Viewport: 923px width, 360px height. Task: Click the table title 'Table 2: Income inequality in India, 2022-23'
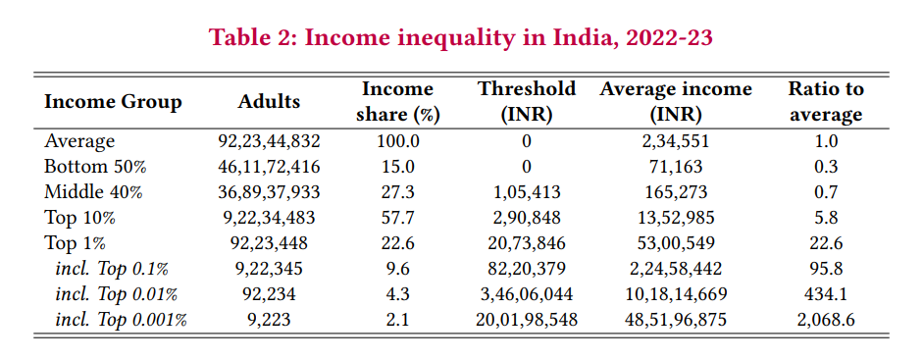pyautogui.click(x=461, y=38)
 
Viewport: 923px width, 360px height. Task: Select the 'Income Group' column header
pyautogui.click(x=114, y=102)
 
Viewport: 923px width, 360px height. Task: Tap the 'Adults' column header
pyautogui.click(x=269, y=102)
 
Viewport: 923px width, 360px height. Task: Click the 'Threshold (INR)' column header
pyautogui.click(x=527, y=101)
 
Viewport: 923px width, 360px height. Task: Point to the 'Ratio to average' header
pyautogui.click(x=826, y=101)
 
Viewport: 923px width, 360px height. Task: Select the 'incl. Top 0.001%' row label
pyautogui.click(x=121, y=319)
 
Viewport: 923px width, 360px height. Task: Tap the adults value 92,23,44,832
pyautogui.click(x=269, y=141)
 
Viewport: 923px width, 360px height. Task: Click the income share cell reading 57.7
pyautogui.click(x=397, y=218)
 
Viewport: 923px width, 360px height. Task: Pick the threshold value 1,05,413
pyautogui.click(x=527, y=192)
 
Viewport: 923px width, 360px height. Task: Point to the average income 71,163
pyautogui.click(x=676, y=167)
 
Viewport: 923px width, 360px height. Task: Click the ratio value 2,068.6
pyautogui.click(x=826, y=319)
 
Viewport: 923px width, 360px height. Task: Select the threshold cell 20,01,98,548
pyautogui.click(x=527, y=319)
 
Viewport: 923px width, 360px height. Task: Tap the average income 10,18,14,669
pyautogui.click(x=676, y=293)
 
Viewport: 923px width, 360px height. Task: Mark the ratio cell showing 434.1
pyautogui.click(x=826, y=293)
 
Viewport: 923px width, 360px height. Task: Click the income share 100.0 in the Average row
pyautogui.click(x=397, y=141)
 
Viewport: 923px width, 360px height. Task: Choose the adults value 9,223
pyautogui.click(x=269, y=319)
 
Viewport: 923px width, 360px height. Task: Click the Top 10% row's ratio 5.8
pyautogui.click(x=826, y=218)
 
